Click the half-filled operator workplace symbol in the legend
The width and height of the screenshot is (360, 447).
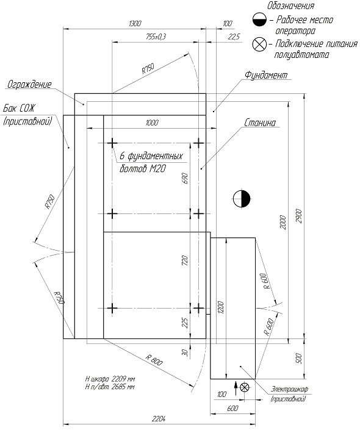[259, 20]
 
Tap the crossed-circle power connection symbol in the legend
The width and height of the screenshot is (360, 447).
[259, 44]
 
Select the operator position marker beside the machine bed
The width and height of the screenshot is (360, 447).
[242, 199]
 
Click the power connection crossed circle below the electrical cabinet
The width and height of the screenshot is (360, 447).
[245, 387]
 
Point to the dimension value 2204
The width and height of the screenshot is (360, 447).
[159, 418]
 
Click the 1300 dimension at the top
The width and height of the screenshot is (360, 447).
[135, 23]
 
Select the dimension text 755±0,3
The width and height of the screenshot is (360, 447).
[156, 37]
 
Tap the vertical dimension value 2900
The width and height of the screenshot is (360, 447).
[298, 216]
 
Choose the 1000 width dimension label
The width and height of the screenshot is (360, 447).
[152, 123]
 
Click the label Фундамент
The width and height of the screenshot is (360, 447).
[266, 75]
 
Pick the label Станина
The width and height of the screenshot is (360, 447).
[260, 123]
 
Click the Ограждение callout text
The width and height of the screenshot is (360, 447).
[29, 84]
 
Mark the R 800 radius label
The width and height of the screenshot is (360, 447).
[154, 360]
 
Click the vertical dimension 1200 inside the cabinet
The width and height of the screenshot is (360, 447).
[222, 308]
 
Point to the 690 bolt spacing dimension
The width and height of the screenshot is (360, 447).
[185, 178]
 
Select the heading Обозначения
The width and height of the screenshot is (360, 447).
[290, 5]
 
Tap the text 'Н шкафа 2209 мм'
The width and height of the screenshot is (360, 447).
[110, 379]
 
